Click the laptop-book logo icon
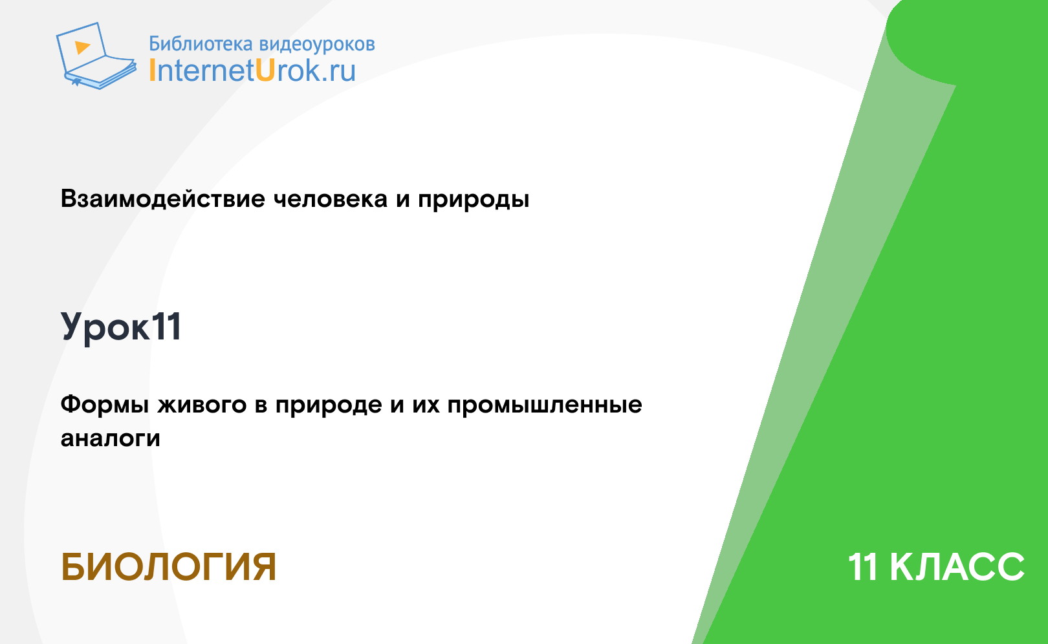(x=96, y=56)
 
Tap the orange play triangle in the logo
(x=82, y=47)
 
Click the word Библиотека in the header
(x=201, y=43)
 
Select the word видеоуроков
(x=317, y=45)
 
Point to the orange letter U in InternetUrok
(x=265, y=70)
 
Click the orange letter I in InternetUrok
(x=151, y=70)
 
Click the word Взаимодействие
(x=163, y=199)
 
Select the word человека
(x=331, y=199)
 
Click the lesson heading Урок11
(x=121, y=327)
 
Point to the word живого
(x=202, y=405)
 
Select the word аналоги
(x=111, y=438)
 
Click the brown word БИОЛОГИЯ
(x=168, y=567)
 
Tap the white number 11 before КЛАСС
(x=863, y=567)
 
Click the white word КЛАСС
(x=957, y=567)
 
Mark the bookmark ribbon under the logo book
(x=76, y=82)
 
